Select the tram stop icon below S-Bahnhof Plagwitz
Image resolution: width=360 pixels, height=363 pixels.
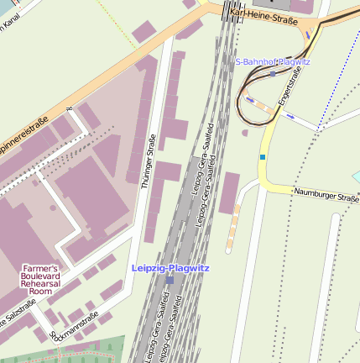pos(272,73)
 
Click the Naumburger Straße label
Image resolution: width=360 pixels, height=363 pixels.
pos(326,195)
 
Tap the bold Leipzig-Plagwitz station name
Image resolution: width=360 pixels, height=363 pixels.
pos(170,267)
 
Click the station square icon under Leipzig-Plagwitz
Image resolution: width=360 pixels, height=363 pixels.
pos(170,279)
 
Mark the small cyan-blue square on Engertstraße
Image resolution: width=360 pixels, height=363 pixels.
pos(263,156)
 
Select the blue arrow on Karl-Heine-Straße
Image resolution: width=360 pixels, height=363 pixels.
pos(308,34)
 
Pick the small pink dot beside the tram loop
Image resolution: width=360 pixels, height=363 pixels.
pos(245,132)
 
